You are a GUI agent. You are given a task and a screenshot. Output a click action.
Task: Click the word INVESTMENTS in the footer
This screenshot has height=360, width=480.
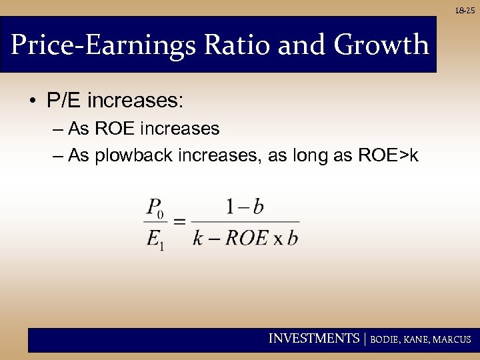[313, 339]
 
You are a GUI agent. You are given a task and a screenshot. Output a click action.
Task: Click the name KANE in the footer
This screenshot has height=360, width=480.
[417, 339]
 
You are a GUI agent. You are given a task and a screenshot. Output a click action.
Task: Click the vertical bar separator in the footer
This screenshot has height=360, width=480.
[364, 339]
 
